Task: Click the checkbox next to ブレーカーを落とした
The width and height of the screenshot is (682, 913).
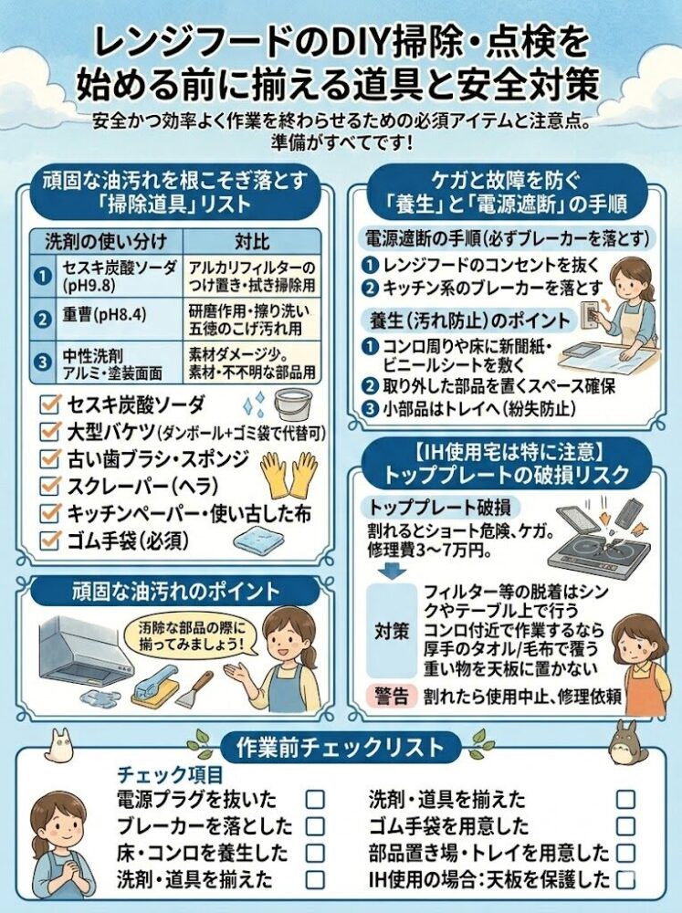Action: (315, 825)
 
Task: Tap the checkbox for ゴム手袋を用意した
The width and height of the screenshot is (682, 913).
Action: (626, 825)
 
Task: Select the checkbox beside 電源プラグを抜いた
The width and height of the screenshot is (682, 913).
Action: (315, 799)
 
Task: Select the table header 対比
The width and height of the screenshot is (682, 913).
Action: (252, 241)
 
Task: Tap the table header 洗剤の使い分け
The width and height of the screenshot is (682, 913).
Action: (106, 241)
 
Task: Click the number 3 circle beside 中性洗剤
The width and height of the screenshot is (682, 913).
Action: (43, 362)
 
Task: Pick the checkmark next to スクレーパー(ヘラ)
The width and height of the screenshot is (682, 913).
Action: (50, 485)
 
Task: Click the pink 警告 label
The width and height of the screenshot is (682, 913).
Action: (392, 696)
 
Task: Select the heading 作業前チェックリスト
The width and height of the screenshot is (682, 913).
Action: (341, 747)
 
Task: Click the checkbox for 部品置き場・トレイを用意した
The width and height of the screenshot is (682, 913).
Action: (626, 853)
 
